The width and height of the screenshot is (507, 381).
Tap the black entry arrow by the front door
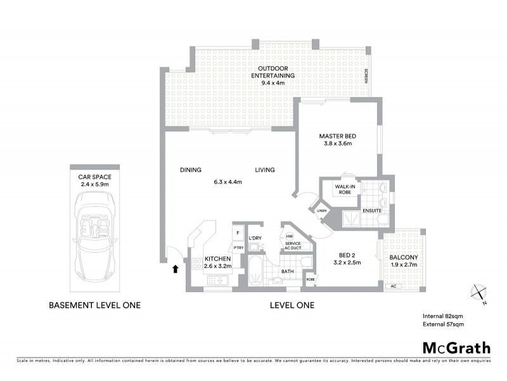(x=174, y=270)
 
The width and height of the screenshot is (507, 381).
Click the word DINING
(x=190, y=170)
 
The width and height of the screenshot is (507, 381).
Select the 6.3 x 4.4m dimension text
(x=228, y=182)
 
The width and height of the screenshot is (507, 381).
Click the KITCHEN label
(x=217, y=259)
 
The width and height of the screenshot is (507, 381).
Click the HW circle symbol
(x=289, y=237)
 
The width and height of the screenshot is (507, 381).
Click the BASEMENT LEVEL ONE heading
(x=94, y=305)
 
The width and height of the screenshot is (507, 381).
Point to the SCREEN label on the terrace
(x=366, y=77)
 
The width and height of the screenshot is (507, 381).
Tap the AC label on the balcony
(x=394, y=286)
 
